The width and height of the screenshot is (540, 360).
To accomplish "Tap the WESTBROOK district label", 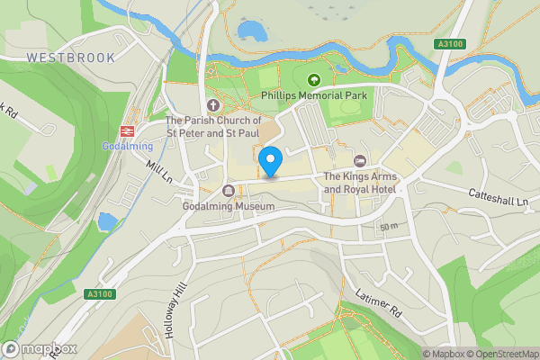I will click(70, 58).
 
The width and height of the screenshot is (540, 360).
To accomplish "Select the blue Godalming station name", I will click(127, 146).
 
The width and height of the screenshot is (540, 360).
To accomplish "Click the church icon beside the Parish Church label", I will click(213, 103).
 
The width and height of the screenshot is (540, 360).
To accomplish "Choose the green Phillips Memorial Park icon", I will click(314, 79).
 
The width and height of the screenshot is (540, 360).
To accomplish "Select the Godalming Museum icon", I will click(228, 191).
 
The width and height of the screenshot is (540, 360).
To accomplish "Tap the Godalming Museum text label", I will click(227, 206).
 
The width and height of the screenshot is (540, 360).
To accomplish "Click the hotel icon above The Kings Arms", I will click(360, 161).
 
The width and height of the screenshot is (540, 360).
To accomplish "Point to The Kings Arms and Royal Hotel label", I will click(360, 183).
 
